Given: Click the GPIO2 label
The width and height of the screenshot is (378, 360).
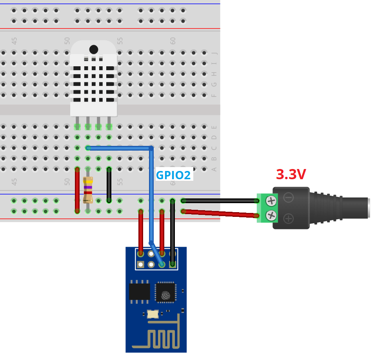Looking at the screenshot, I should click(173, 175).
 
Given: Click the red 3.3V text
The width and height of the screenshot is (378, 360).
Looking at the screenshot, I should click(291, 175).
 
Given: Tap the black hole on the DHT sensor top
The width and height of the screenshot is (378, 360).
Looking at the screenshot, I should click(94, 49).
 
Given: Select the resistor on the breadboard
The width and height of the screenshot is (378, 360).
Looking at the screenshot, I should click(88, 190).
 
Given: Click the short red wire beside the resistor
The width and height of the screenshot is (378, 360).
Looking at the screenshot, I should click(77, 190).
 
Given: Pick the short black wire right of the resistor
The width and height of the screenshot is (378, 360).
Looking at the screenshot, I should click(109, 185).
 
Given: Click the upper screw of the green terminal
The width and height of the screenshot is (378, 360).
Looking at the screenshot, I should click(271, 201).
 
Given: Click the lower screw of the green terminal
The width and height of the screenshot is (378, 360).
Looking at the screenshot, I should click(271, 215).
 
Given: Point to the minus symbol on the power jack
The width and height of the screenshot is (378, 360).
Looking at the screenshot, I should click(289, 198).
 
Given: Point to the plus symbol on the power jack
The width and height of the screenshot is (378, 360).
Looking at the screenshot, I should click(289, 218).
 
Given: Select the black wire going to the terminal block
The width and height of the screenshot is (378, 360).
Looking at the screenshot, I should click(220, 201).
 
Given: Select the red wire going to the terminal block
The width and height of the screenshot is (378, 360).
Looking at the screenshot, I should click(220, 213).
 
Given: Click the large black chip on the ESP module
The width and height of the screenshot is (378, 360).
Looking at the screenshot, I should click(140, 292).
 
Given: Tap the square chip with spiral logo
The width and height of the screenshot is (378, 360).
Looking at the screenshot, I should click(165, 293).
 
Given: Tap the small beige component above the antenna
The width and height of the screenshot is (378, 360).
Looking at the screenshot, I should click(153, 314).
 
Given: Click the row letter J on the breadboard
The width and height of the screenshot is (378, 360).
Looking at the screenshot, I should click(214, 53).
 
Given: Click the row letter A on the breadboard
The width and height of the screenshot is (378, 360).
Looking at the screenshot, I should click(214, 169).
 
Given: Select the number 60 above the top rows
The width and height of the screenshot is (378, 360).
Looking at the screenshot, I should click(173, 40).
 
